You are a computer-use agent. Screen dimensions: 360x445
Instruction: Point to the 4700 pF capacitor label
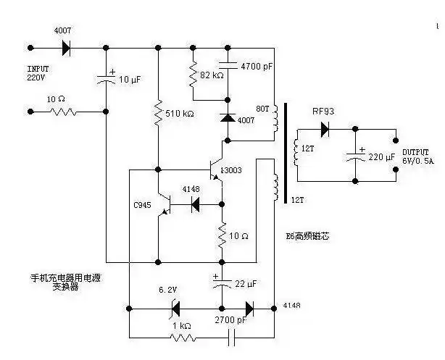257,67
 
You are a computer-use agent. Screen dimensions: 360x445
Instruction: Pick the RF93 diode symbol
324,129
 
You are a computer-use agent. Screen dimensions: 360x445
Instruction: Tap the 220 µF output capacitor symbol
355,155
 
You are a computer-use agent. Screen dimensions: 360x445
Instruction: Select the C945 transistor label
143,205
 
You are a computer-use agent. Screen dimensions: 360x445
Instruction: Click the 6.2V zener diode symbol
174,309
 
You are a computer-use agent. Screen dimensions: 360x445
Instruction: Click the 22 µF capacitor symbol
222,282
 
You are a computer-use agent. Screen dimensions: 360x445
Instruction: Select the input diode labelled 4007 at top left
66,48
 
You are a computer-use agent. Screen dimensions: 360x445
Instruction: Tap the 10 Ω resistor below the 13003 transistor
222,234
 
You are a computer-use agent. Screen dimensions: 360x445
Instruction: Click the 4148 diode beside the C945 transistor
195,205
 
